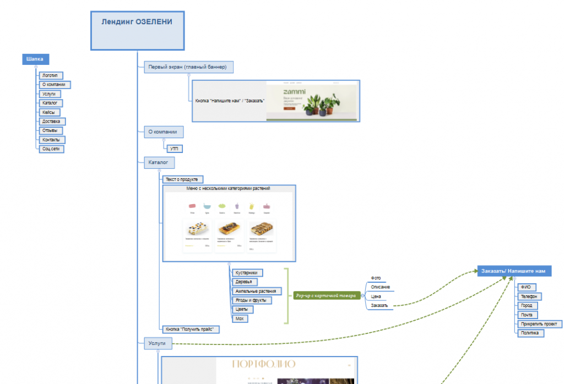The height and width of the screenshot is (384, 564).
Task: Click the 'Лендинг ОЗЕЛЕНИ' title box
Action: click(x=137, y=30)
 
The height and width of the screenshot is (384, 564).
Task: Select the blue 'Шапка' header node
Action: click(x=35, y=59)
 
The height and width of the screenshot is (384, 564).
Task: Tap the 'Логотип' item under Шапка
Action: click(x=50, y=75)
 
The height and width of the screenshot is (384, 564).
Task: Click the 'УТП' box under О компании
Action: click(x=174, y=149)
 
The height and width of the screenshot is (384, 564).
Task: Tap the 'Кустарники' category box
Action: click(x=247, y=273)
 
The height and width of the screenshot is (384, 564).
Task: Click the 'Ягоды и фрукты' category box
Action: click(x=251, y=300)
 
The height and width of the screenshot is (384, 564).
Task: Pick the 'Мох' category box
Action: click(x=240, y=319)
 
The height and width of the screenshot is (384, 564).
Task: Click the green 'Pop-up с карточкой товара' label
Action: click(x=326, y=296)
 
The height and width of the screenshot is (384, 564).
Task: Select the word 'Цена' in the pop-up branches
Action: click(x=376, y=296)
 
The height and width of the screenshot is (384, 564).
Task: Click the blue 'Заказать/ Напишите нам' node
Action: click(x=513, y=271)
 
